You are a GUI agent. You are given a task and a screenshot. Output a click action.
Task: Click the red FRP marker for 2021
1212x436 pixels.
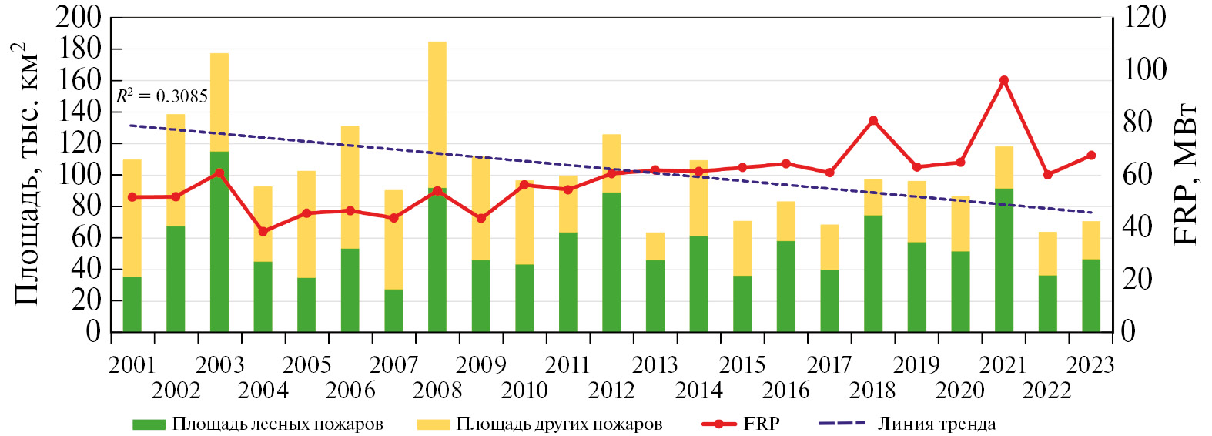click(1003, 80)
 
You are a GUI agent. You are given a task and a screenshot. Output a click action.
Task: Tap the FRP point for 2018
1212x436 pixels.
click(873, 121)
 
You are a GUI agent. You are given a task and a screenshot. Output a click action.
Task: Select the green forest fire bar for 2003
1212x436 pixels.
click(219, 241)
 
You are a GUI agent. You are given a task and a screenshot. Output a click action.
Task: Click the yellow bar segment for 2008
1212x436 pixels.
click(437, 115)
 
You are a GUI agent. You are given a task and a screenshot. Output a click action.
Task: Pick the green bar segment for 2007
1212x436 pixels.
click(393, 310)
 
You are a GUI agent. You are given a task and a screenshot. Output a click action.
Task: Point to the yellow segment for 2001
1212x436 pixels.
click(132, 218)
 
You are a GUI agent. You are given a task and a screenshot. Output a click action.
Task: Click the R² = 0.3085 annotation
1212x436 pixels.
click(162, 96)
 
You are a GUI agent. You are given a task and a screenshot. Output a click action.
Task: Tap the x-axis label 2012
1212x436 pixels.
click(611, 391)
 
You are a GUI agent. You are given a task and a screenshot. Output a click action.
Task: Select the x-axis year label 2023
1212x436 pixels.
click(1090, 364)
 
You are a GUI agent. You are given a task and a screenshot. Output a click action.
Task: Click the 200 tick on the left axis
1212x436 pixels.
click(79, 17)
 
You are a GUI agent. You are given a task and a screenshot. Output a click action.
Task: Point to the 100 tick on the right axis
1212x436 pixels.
click(1145, 70)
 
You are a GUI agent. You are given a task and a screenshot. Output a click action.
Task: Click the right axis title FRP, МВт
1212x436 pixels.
click(1186, 174)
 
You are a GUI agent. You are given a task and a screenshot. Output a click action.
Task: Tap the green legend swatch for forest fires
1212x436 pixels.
click(149, 424)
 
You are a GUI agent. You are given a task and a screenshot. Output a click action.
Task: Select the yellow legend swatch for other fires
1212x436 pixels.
click(433, 424)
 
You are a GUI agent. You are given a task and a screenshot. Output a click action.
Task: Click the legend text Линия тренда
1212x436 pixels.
click(936, 424)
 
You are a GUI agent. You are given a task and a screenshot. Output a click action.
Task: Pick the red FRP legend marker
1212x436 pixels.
click(719, 424)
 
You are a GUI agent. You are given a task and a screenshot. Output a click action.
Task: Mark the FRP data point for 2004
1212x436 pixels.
click(263, 231)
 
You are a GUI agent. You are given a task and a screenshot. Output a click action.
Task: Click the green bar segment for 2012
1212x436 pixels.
click(611, 262)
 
